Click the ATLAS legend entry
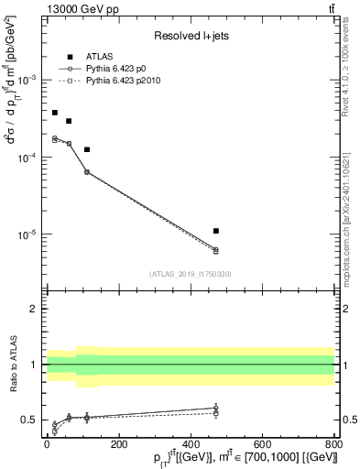click(x=98, y=57)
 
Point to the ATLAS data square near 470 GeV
click(x=215, y=231)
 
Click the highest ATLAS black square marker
click(x=55, y=113)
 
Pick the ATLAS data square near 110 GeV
click(x=87, y=149)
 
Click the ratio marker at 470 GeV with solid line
click(x=215, y=408)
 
